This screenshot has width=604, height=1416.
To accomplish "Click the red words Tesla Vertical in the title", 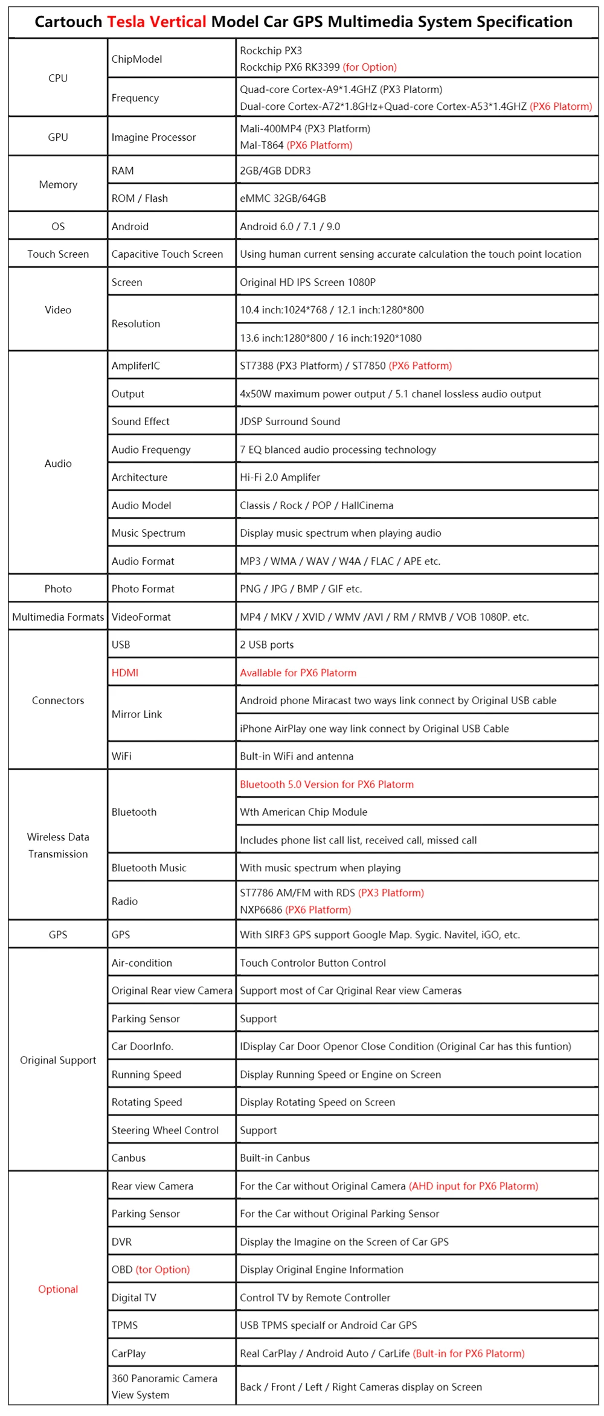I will (x=156, y=22).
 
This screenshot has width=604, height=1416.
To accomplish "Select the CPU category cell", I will (x=58, y=78).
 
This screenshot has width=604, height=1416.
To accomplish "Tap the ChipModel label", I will (x=137, y=59).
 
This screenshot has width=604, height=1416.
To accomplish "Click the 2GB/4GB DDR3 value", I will (x=275, y=171).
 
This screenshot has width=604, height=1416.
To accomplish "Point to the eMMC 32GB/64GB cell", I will (x=283, y=199).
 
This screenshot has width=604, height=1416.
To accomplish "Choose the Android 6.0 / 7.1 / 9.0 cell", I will (x=290, y=226).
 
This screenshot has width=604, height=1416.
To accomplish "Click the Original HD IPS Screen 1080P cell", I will (x=307, y=283).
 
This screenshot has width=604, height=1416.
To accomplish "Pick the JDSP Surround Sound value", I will (x=290, y=421).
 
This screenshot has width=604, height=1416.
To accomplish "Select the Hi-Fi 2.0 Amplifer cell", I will (x=280, y=477).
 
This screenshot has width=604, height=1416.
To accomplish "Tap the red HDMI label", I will (x=125, y=673).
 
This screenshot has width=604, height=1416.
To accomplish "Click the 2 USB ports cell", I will (x=267, y=645).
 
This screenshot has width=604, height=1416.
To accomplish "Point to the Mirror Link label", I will (x=137, y=714).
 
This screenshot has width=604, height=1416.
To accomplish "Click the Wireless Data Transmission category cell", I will (x=58, y=845).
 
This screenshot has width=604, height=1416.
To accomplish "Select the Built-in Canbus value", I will (x=275, y=1158).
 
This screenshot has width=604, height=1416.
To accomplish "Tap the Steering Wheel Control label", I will (x=165, y=1130).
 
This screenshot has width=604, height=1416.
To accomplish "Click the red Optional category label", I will (x=58, y=1289).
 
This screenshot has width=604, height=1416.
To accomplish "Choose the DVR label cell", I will (x=122, y=1242).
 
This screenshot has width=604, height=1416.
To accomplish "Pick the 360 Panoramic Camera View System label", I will (x=164, y=1386).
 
